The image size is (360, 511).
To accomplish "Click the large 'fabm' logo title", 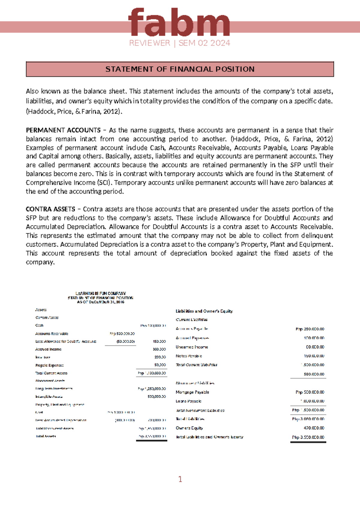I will (179, 23).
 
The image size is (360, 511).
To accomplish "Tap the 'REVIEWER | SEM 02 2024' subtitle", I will (180, 43).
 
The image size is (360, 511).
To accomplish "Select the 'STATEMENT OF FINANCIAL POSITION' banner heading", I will (180, 69).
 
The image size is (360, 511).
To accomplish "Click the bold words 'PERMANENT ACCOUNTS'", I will (63, 130).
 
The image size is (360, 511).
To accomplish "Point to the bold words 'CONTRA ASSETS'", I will (50, 209).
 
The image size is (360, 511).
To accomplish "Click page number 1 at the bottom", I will (180, 479).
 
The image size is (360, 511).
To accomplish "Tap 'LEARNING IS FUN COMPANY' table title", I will (101, 293).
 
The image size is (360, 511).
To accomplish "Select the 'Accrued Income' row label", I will (48, 349).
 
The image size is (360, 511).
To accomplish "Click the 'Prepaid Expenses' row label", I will (49, 365).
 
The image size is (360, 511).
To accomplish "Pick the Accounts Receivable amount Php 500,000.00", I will (122, 333).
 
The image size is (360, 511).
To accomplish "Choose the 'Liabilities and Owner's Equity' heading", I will (204, 311).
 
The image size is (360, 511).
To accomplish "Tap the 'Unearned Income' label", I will (192, 347).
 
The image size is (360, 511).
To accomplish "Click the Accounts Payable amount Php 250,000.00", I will (310, 329).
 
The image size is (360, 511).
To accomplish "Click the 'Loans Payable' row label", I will (188, 401).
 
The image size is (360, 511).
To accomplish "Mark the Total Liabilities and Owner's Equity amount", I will (308, 437).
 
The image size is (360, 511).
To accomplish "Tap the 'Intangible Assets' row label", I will (49, 396).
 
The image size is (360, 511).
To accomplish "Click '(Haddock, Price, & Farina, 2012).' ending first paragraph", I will (74, 112).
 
